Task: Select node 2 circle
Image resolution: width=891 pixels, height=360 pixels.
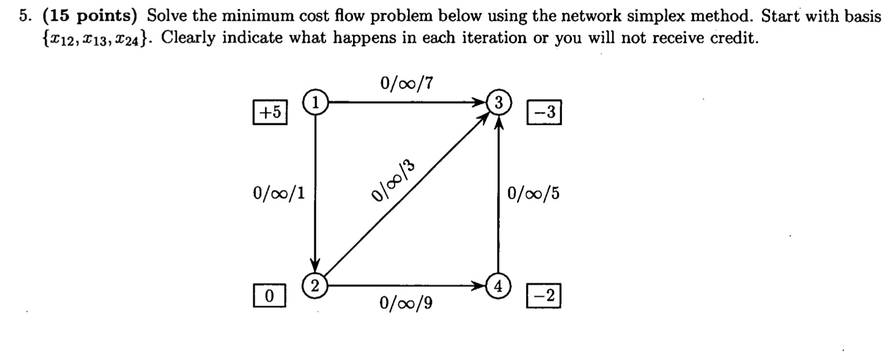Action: (314, 284)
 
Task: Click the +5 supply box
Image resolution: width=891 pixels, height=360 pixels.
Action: (270, 112)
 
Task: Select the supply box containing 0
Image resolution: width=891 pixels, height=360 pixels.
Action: (269, 296)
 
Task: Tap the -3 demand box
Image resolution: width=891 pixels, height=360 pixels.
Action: (544, 112)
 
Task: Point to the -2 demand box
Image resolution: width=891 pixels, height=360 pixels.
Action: (543, 297)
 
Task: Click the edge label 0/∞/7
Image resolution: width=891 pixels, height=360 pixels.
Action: (406, 83)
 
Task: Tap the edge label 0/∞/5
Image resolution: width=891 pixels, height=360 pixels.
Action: (533, 193)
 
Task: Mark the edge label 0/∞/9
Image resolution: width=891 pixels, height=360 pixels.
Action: (406, 303)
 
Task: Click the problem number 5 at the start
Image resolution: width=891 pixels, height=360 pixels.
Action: (23, 16)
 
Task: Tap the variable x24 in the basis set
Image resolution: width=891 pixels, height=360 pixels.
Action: (131, 39)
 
